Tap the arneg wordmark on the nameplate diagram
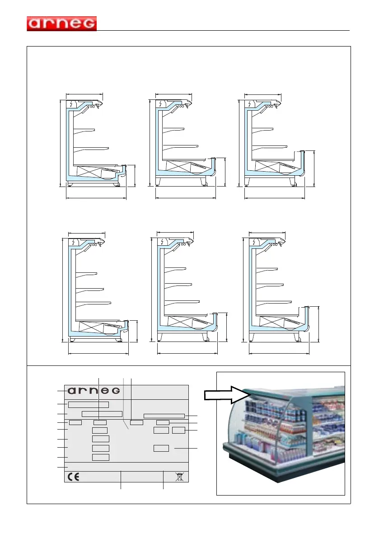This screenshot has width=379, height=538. coord(94,390)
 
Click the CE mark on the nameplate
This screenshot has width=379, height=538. coord(73,476)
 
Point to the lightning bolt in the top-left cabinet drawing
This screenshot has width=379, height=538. coord(71,104)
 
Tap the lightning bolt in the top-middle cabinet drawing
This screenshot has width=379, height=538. coord(160,104)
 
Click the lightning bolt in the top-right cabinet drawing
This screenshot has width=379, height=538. coord(249,104)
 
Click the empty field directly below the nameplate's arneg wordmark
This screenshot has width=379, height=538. coord(89,404)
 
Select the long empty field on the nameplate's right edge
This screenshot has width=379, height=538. coord(164,416)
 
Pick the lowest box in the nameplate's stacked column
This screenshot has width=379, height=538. coord(100,457)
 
